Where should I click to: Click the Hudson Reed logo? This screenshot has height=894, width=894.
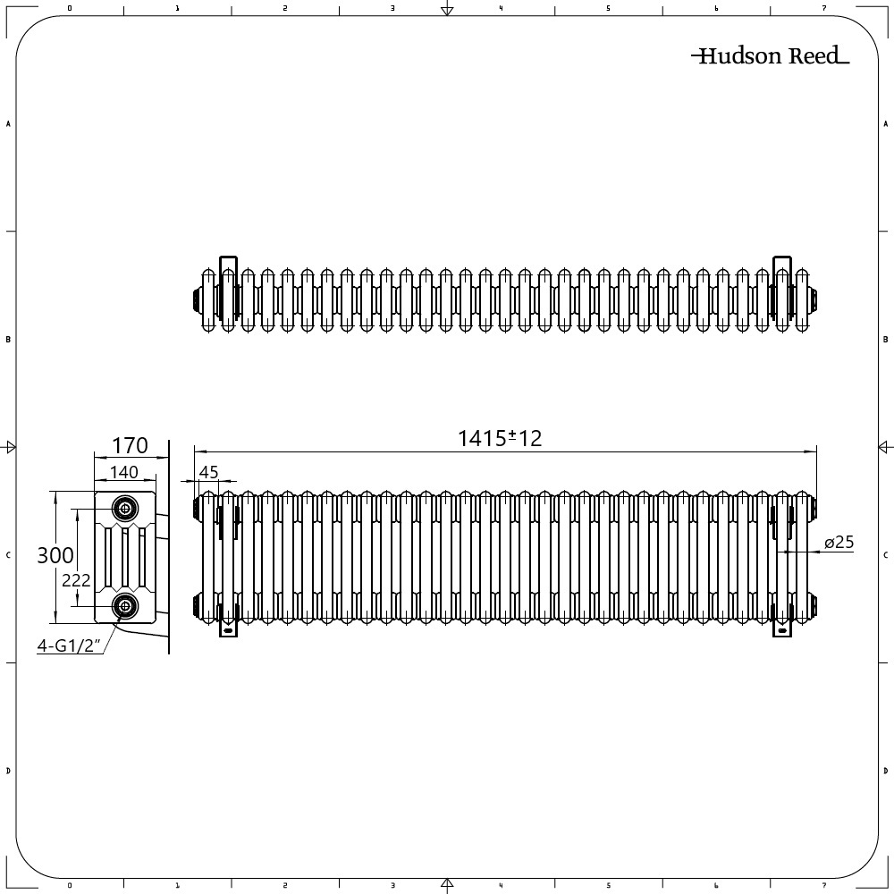tap(770, 57)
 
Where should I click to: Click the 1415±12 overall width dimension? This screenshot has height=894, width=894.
tap(500, 438)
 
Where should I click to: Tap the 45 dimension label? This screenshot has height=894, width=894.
tap(208, 472)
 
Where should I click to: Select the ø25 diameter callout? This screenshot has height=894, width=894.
tap(839, 543)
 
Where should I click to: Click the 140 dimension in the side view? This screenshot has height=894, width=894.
tap(123, 472)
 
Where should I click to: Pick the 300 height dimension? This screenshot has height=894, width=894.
tap(55, 555)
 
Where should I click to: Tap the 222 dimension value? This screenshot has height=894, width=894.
tap(77, 580)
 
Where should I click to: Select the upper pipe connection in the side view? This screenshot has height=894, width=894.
tap(125, 510)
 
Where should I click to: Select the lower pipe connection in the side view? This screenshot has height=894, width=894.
tap(125, 606)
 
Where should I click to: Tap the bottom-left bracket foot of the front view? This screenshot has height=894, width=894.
tap(229, 629)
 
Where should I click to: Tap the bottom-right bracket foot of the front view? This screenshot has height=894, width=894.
tap(783, 629)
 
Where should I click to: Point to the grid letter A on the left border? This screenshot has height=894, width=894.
tap(8, 124)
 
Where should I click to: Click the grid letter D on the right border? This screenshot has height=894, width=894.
tap(885, 771)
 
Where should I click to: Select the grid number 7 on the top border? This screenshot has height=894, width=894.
tap(823, 8)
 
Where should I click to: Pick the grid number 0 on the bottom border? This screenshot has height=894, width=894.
tap(70, 886)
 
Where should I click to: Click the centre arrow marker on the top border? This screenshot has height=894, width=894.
tap(447, 10)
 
